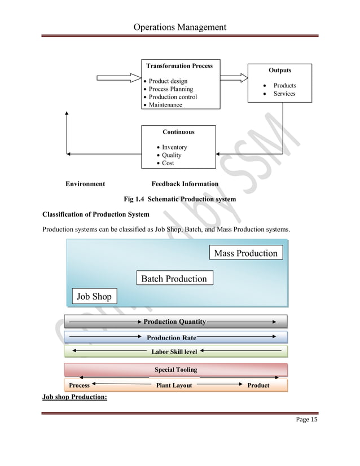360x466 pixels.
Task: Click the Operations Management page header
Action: tap(179, 27)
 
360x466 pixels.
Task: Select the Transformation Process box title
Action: tap(179, 66)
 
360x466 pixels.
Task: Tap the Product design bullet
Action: tap(168, 81)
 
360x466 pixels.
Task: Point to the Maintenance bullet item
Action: tap(165, 105)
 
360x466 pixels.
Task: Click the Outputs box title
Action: tap(280, 71)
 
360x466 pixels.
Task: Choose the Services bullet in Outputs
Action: tap(284, 94)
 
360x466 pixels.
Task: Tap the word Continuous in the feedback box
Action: tap(178, 132)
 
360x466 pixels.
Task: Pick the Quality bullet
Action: tap(172, 155)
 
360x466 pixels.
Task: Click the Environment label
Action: tap(85, 184)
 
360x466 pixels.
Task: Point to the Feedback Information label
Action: tap(185, 184)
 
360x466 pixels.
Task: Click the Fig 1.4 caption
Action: tap(179, 199)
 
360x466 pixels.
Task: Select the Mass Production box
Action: tap(245, 253)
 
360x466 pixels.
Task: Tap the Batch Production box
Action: tap(174, 279)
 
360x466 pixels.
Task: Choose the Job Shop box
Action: tap(94, 296)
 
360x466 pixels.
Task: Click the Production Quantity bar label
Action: tap(174, 322)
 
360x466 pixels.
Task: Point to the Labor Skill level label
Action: tap(174, 351)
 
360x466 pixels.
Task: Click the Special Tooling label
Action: tap(176, 370)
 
